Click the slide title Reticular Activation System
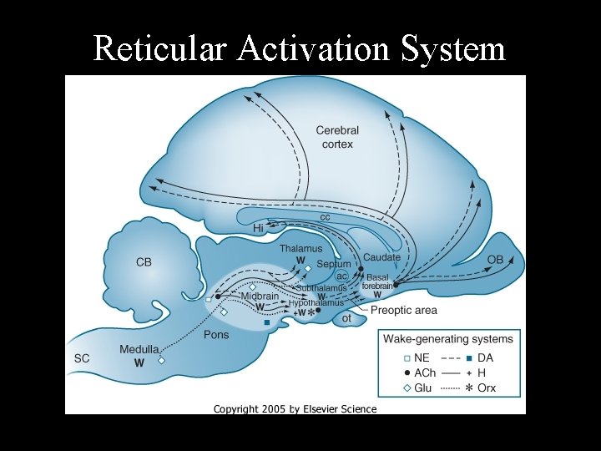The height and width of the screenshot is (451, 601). coord(299,48)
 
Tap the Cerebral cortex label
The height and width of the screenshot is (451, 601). coord(337,137)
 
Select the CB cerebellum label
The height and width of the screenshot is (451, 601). coord(144,262)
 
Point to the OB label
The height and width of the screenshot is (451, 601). coord(495,260)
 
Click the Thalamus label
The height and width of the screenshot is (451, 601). coord(300,249)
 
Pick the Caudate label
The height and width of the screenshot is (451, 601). coord(381,257)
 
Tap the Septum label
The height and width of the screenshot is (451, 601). coord(334,265)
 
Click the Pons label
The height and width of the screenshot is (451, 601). coord(216,335)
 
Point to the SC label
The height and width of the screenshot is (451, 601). coord(81,357)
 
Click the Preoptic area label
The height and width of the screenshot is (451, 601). coord(403,311)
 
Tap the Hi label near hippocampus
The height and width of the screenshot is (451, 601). coord(258,227)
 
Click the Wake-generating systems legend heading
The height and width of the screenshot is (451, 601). coord(448,338)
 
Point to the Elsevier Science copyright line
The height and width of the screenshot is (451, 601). coord(295,409)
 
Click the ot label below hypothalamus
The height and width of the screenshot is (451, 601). coord(346,318)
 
